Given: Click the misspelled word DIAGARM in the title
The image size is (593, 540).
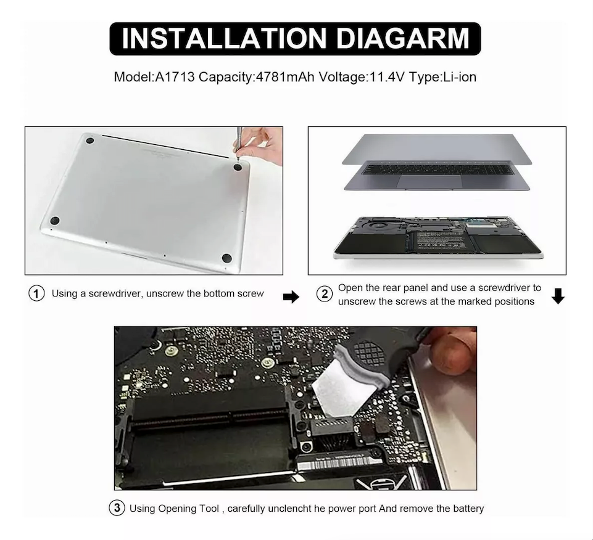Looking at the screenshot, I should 403,39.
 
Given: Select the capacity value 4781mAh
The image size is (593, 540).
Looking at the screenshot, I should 284,77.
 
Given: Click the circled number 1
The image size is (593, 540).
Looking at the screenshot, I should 37,294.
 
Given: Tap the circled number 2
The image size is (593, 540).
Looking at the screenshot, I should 325,294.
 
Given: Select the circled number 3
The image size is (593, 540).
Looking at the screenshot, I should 117,509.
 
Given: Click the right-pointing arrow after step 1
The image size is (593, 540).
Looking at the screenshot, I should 291,298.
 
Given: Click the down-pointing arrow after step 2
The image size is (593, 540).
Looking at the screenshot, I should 558,297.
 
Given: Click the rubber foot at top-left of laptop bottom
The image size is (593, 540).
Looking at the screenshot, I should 90,141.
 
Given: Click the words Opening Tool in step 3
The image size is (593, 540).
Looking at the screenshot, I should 188,509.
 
